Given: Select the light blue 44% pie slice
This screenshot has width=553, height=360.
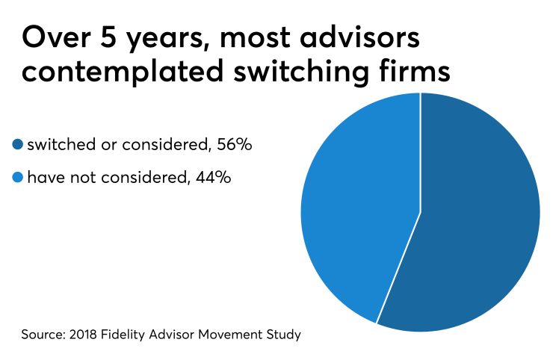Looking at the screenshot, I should pos(359,202).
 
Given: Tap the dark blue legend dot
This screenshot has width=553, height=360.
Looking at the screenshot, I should pos(18,145).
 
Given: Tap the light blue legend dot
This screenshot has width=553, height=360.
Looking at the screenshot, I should pos(18,179).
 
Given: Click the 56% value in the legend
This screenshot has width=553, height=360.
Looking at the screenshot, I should pos(234,145).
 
